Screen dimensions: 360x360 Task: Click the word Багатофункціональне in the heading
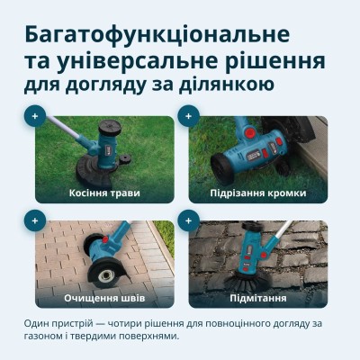(x=157, y=35)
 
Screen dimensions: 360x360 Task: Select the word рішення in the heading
(x=274, y=63)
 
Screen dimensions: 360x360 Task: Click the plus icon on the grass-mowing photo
(x=35, y=116)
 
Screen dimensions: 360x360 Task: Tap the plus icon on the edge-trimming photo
(x=188, y=116)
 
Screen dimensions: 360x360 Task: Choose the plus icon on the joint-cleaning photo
(x=35, y=220)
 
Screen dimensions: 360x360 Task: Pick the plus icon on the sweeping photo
(x=188, y=220)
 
